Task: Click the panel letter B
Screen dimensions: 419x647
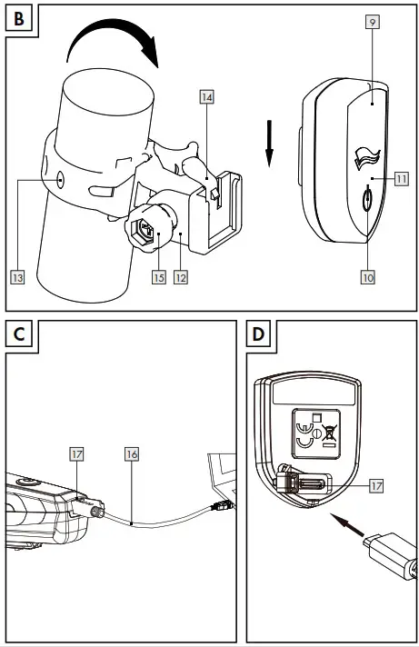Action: click(18, 19)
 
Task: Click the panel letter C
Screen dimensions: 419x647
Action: click(19, 333)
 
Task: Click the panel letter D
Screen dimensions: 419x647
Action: click(258, 333)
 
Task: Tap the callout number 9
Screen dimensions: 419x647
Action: click(373, 22)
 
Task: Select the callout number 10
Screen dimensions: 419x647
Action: click(368, 277)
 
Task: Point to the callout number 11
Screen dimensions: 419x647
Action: click(401, 179)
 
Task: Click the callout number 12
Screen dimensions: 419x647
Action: click(181, 277)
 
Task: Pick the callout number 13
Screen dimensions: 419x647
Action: click(17, 277)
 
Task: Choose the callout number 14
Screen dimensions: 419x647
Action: click(207, 97)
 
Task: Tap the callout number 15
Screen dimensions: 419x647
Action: click(159, 277)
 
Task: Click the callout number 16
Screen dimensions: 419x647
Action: click(132, 454)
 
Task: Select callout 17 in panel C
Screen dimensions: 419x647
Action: click(76, 454)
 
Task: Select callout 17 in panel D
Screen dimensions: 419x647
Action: click(376, 485)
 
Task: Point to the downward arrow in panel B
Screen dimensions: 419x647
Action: click(269, 144)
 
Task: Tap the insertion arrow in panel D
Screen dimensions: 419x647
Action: click(349, 524)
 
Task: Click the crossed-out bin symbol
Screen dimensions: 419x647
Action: click(329, 433)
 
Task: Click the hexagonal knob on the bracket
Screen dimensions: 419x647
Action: click(145, 230)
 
